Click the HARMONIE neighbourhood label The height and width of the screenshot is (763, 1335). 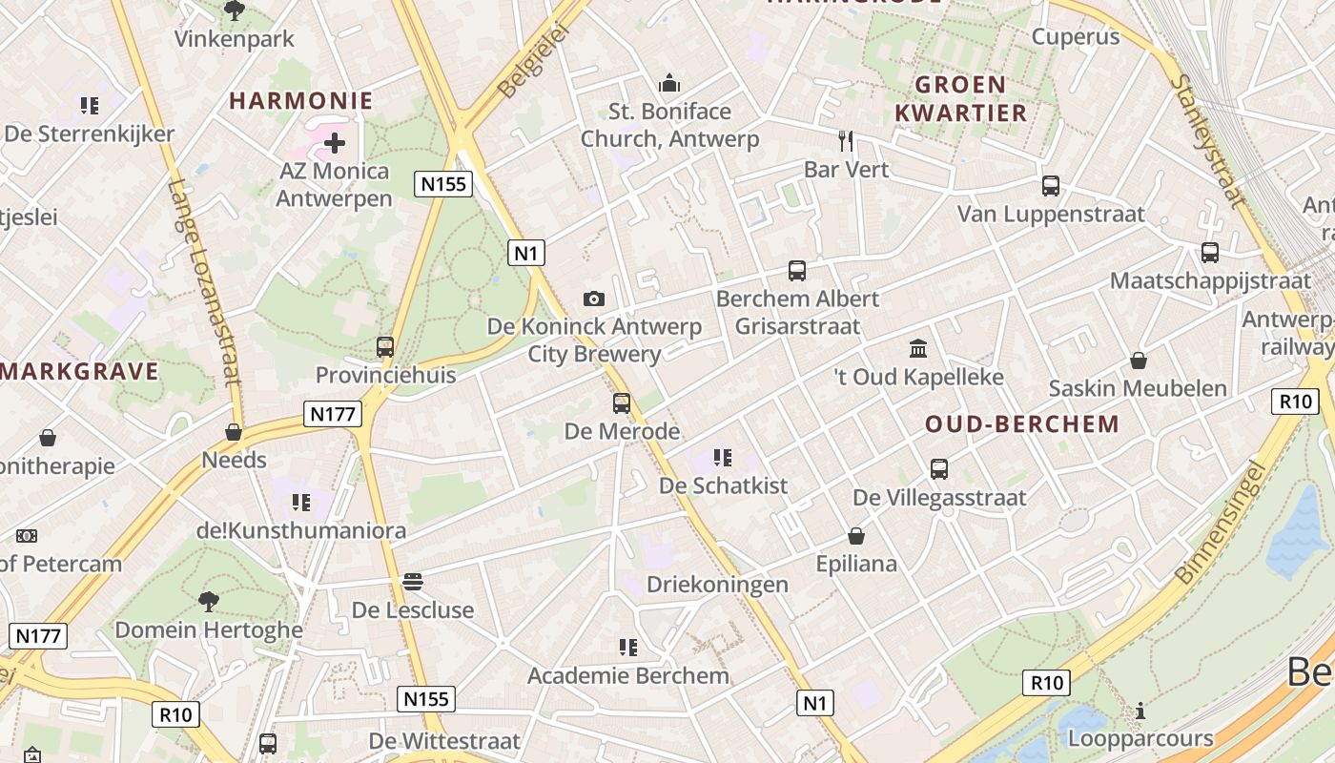click(300, 100)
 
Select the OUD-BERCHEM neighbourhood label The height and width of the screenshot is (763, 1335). click(1022, 424)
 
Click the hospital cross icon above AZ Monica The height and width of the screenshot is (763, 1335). click(334, 144)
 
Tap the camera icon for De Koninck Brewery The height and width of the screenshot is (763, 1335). click(593, 299)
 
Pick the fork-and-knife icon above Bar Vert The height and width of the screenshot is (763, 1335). click(846, 141)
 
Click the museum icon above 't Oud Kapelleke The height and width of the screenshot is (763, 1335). click(918, 348)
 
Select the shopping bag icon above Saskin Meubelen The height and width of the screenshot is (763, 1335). click(1138, 361)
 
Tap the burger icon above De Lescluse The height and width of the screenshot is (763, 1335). click(412, 581)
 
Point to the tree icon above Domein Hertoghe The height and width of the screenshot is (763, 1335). click(209, 601)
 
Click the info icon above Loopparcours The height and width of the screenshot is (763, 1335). click(1140, 711)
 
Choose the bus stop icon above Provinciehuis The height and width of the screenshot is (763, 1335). click(385, 347)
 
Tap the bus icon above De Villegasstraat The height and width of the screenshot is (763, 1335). click(939, 469)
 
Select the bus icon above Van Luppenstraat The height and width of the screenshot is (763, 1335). click(1050, 186)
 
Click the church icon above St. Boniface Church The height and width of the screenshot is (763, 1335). click(669, 84)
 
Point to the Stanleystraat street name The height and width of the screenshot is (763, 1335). click(1205, 141)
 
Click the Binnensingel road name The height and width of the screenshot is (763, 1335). click(1222, 522)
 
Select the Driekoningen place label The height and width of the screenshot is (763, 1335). click(717, 584)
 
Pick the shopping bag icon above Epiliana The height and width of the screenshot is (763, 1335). click(856, 536)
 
